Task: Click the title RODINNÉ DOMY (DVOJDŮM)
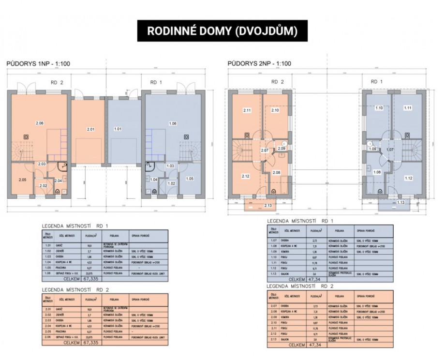222,31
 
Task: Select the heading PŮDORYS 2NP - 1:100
259,63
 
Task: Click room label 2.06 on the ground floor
40,123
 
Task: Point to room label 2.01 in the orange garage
90,129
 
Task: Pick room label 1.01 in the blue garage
118,129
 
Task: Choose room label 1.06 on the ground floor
173,123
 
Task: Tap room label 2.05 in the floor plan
22,180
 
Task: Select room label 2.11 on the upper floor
247,110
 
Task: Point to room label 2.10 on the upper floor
275,110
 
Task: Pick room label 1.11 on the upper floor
408,108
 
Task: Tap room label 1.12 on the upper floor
409,178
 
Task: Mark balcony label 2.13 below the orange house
269,205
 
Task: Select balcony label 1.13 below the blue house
399,202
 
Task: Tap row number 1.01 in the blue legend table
47,246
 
